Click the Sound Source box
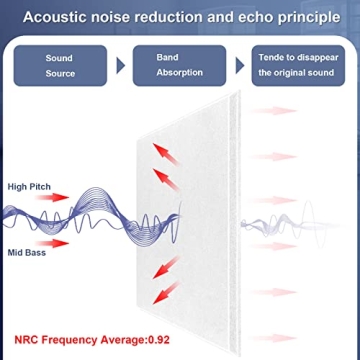pyautogui.click(x=59, y=65)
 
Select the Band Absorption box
pyautogui.click(x=181, y=65)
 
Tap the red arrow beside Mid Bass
pyautogui.click(x=58, y=241)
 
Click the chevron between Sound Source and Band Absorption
pyautogui.click(x=121, y=66)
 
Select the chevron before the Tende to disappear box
pyautogui.click(x=241, y=66)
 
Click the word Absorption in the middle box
pyautogui.click(x=181, y=73)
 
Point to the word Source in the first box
pyautogui.click(x=59, y=73)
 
